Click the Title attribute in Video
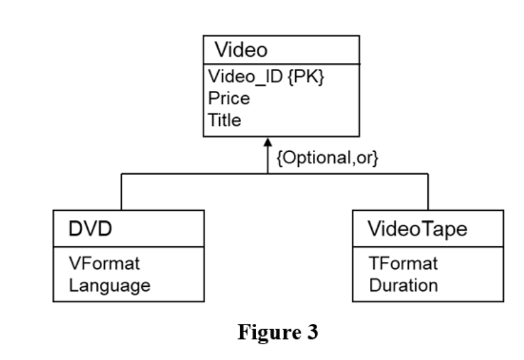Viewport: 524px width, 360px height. pyautogui.click(x=225, y=119)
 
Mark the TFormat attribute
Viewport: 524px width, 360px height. pyautogui.click(x=403, y=264)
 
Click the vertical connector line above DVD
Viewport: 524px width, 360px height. pyautogui.click(x=122, y=192)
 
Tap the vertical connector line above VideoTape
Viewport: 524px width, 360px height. pyautogui.click(x=428, y=192)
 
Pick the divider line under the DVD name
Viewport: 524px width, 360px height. pyautogui.click(x=128, y=247)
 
